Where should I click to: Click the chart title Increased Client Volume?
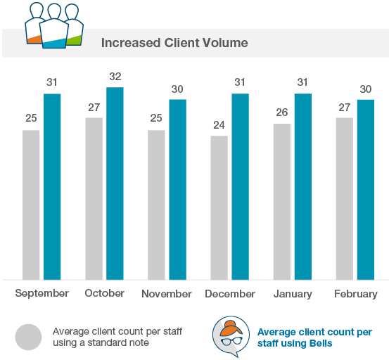tap(174, 43)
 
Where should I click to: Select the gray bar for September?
tap(31, 205)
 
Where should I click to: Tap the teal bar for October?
tap(115, 184)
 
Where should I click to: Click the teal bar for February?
tap(365, 189)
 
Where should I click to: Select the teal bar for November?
tap(177, 189)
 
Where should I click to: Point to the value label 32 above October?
tap(115, 76)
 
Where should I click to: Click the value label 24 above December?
tap(219, 124)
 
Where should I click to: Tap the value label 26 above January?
tap(281, 112)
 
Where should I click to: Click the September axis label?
tap(42, 293)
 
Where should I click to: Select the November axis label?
tap(167, 294)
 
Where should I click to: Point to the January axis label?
tap(292, 294)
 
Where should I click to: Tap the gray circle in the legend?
tap(29, 336)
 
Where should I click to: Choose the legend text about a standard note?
tap(117, 336)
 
